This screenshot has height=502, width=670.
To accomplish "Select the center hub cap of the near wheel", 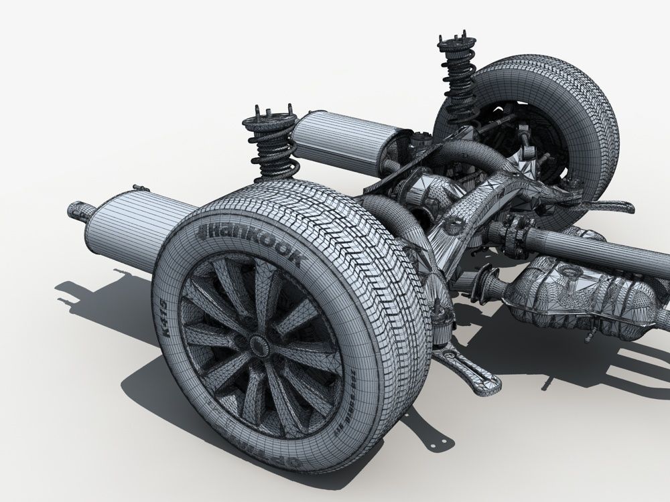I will (257, 344).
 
